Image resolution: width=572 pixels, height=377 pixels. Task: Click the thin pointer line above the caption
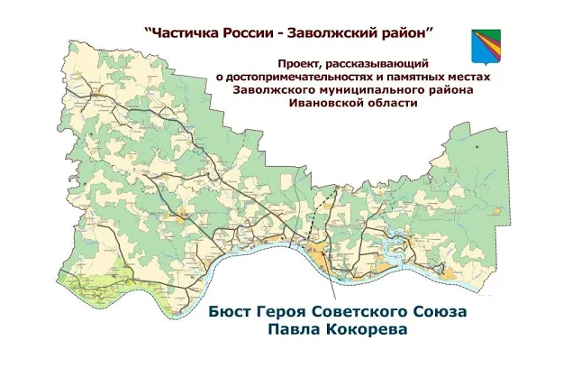pos(328,280)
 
